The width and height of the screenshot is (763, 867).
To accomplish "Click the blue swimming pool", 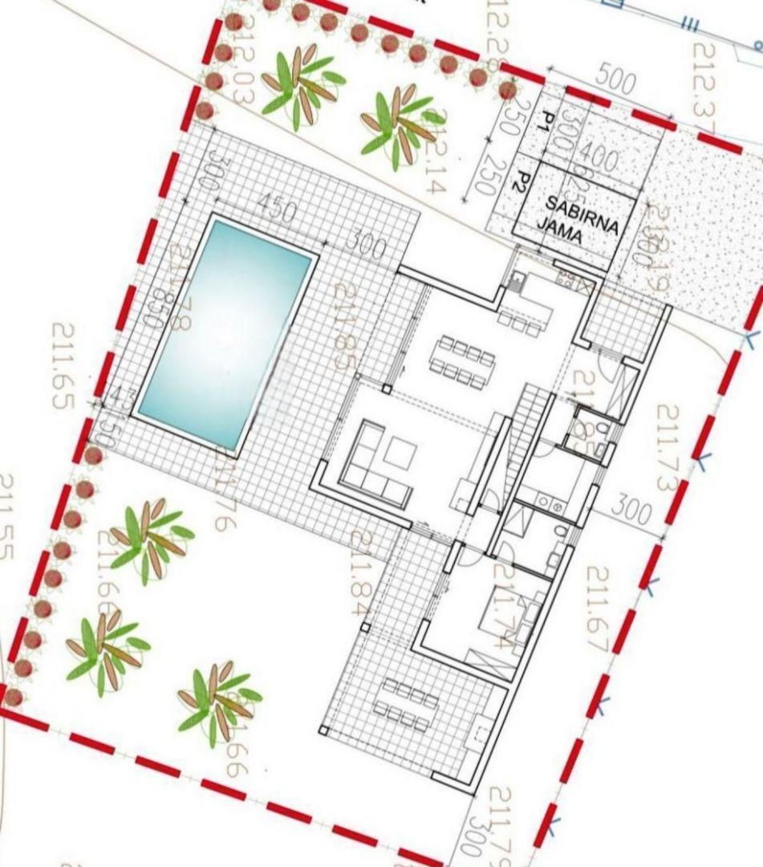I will [225, 333].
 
